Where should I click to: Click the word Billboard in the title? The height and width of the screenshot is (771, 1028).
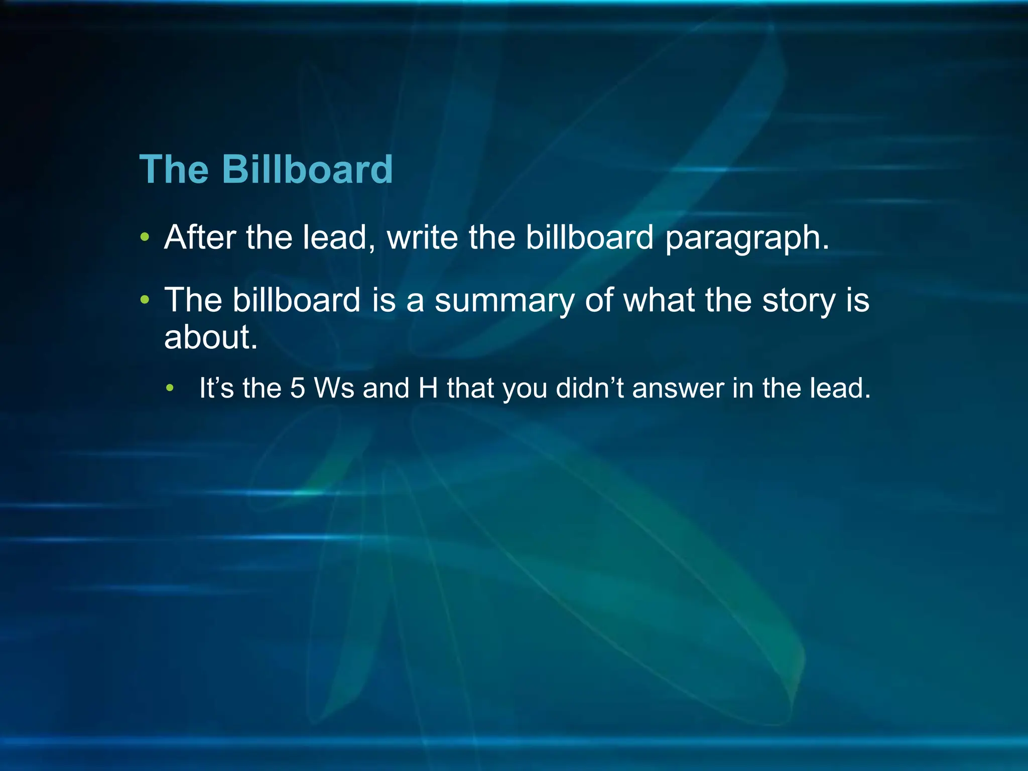click(307, 169)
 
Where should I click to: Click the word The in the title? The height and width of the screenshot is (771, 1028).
click(174, 169)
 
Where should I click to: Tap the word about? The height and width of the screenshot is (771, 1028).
click(211, 337)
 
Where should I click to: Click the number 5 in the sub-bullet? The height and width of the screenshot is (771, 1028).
click(297, 388)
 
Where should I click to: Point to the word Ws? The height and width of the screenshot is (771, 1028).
click(334, 388)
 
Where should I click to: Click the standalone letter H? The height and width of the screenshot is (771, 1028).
click(428, 388)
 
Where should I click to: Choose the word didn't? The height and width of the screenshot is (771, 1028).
click(590, 388)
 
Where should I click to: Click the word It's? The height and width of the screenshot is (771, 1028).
click(216, 388)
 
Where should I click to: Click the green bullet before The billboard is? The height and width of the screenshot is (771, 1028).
click(145, 300)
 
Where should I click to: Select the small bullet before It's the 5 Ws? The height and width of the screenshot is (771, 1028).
click(171, 388)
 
